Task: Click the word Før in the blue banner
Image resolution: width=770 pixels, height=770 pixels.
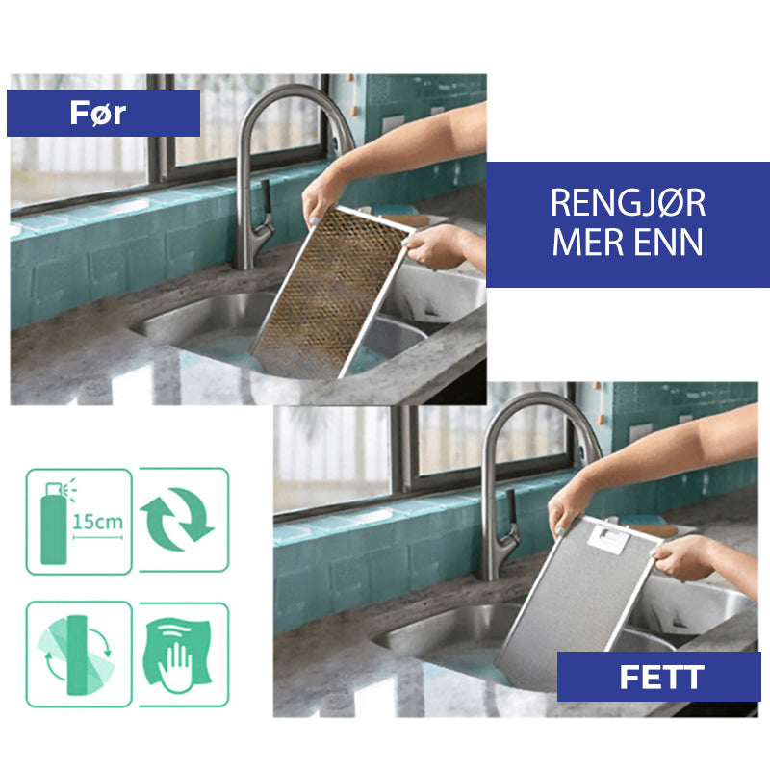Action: click(98, 113)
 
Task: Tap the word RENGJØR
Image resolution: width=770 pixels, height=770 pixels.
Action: click(629, 203)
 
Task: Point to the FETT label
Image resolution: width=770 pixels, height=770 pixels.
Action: click(661, 678)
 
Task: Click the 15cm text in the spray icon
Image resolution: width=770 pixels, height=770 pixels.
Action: click(98, 522)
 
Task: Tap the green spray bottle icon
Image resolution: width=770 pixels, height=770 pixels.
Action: click(54, 524)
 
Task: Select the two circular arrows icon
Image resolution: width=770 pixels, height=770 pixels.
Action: click(177, 520)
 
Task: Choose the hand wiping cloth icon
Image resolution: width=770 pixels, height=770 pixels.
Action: click(178, 654)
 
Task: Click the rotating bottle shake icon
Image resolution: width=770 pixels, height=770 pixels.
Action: click(77, 654)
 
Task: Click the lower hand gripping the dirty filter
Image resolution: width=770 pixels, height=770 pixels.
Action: click(432, 247)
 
